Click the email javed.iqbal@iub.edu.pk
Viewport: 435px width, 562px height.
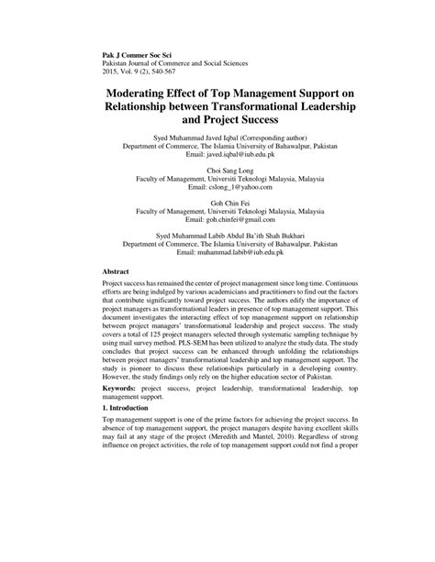click(240, 156)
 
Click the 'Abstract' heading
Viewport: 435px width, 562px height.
click(116, 272)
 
